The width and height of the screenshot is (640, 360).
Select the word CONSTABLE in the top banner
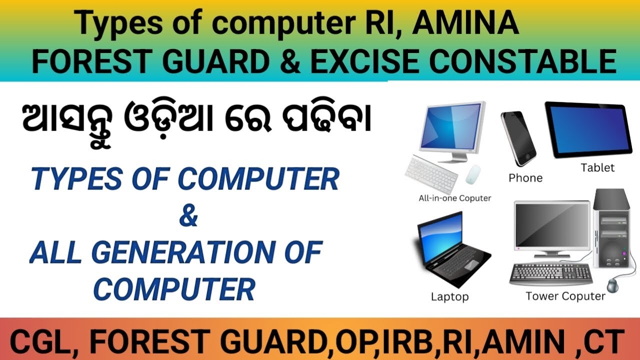click(523, 62)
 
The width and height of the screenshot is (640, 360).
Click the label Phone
click(525, 178)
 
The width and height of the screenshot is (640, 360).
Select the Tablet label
click(597, 167)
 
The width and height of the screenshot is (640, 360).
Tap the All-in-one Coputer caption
click(454, 198)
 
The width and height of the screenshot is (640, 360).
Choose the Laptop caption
click(449, 296)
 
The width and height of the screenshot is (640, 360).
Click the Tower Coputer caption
click(565, 296)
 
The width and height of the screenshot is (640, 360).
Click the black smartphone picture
click(518, 137)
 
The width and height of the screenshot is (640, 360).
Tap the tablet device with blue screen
click(585, 130)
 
